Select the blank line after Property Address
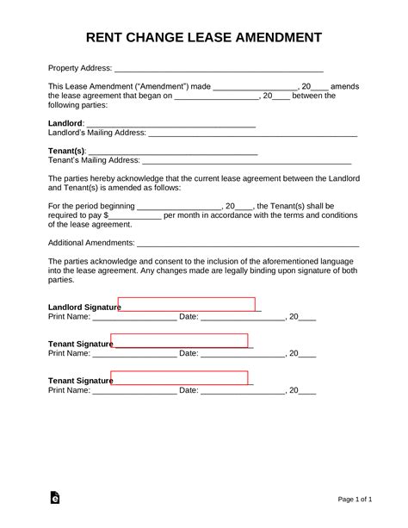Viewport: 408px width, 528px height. pyautogui.click(x=219, y=70)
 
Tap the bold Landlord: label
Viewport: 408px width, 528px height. pyautogui.click(x=66, y=124)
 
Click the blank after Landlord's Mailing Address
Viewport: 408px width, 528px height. pyautogui.click(x=253, y=134)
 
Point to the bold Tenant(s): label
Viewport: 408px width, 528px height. pyautogui.click(x=67, y=151)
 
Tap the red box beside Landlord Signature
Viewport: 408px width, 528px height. pyautogui.click(x=187, y=304)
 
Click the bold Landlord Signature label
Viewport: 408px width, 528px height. pyautogui.click(x=82, y=307)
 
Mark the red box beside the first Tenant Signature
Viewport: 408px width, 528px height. pyautogui.click(x=179, y=341)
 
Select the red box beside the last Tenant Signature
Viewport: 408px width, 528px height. pyautogui.click(x=179, y=378)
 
